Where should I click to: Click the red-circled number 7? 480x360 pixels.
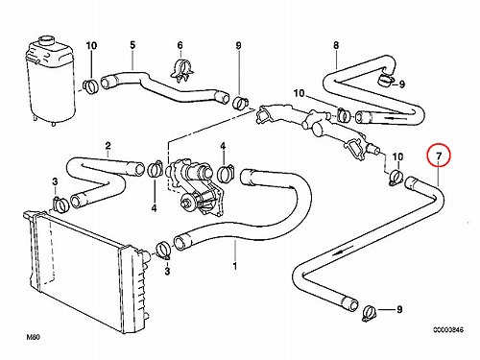click(439, 156)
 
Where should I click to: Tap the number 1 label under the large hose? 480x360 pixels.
click(235, 266)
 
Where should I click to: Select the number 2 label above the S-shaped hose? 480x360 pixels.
click(108, 146)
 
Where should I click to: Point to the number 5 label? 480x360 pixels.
click(132, 45)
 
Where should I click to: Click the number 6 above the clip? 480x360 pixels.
click(180, 45)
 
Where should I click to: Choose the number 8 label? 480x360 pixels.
click(336, 45)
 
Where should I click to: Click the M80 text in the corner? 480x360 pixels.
click(33, 337)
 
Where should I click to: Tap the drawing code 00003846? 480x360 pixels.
click(448, 329)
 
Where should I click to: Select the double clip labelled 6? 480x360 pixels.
click(182, 71)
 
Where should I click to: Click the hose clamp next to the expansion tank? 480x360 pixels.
click(91, 85)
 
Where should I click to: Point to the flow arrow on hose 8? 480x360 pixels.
click(393, 117)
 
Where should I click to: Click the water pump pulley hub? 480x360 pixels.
click(186, 203)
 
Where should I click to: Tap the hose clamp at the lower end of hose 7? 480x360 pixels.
click(370, 312)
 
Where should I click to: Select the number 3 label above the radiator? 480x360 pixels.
click(55, 181)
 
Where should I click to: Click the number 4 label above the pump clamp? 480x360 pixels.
click(223, 146)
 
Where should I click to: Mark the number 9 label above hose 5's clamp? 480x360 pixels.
click(238, 45)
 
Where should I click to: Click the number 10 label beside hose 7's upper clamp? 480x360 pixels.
click(397, 156)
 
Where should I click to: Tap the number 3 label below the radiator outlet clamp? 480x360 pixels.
click(167, 272)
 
